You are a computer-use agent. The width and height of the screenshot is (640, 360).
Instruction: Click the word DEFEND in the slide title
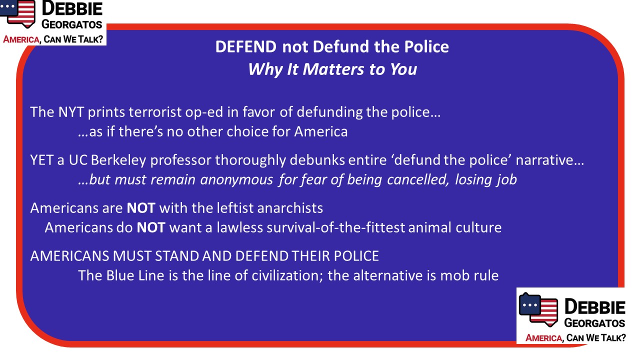tap(246, 46)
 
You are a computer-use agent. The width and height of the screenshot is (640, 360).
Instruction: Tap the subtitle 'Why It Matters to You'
tap(332, 69)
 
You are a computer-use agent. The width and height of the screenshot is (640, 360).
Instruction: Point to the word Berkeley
tap(118, 160)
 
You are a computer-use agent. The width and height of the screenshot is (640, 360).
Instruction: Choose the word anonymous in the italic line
tap(236, 180)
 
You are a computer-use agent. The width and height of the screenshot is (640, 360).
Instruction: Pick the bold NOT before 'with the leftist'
tap(141, 208)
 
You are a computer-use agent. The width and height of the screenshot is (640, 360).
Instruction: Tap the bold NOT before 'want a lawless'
tap(151, 227)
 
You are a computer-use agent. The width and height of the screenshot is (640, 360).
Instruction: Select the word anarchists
tap(290, 208)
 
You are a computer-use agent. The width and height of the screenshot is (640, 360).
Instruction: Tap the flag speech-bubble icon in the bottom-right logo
tap(538, 309)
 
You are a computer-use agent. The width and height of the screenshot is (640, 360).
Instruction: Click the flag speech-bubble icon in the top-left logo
tap(17, 13)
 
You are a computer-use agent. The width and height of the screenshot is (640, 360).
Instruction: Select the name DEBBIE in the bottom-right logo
tap(595, 307)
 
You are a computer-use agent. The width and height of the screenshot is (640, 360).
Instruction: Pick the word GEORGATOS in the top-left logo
tap(71, 24)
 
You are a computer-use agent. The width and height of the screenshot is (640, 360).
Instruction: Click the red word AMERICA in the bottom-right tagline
tap(543, 338)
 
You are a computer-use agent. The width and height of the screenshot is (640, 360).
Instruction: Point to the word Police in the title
tap(426, 46)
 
